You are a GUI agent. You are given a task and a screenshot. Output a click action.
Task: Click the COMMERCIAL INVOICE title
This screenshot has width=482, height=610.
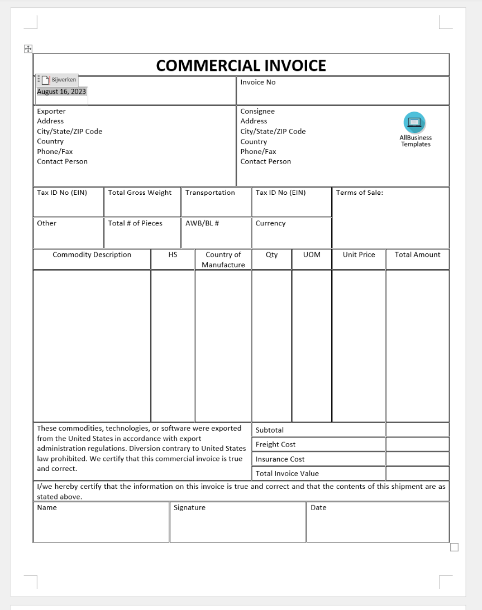point(241,65)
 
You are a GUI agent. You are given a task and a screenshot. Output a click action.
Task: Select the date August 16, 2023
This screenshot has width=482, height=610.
point(61,92)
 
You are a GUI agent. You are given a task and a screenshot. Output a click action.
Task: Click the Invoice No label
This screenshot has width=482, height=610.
point(257,82)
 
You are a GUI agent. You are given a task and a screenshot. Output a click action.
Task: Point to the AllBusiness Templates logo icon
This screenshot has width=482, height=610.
point(415,122)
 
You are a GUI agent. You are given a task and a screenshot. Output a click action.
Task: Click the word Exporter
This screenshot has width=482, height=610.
point(51,111)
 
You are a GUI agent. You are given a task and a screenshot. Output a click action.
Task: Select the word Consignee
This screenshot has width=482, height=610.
point(257,111)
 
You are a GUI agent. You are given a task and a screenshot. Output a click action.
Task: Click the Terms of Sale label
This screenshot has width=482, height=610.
point(359,193)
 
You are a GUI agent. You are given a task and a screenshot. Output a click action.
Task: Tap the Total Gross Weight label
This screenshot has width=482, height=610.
point(140,193)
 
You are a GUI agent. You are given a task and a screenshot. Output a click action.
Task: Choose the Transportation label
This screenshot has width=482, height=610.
point(210,193)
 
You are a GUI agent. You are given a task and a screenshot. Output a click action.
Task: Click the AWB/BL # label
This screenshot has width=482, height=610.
point(202,223)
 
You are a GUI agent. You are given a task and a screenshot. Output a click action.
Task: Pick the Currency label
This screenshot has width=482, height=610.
point(270,223)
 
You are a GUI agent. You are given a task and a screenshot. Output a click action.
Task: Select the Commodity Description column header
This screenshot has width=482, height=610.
point(92,254)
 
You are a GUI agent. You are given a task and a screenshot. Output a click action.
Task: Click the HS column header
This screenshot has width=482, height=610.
point(173,254)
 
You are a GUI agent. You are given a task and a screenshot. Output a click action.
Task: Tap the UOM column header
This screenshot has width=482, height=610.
point(312,254)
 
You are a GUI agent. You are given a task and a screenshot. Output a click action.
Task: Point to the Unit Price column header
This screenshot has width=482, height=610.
point(359,254)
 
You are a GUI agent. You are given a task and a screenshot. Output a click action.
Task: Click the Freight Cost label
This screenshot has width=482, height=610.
point(275,444)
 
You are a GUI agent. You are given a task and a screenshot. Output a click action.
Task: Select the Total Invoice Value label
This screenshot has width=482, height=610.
point(287,473)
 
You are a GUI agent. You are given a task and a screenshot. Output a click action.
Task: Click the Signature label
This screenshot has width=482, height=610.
point(189,507)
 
